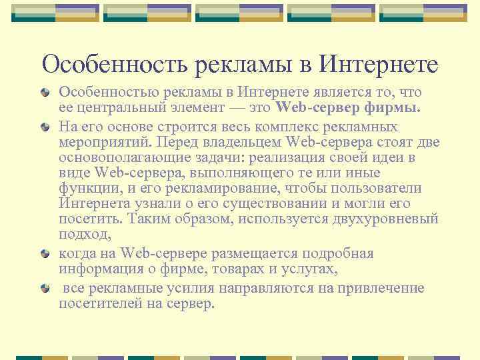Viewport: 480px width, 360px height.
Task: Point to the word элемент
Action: (x=201, y=107)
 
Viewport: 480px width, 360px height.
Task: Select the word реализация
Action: (x=291, y=157)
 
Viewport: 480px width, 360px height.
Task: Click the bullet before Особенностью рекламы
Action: (x=45, y=91)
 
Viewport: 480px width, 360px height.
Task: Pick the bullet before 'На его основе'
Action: (x=45, y=125)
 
